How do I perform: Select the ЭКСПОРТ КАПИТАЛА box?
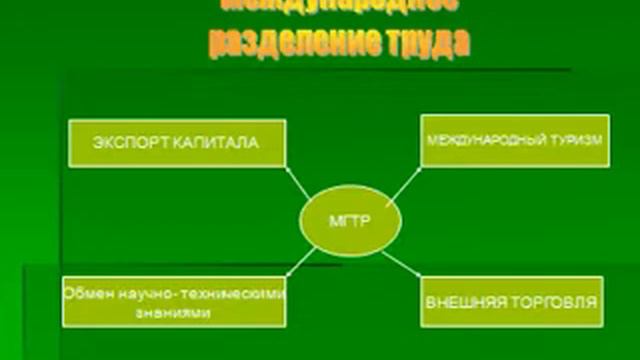(x=177, y=143)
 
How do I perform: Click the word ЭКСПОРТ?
(x=134, y=143)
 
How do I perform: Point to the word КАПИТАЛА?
(x=218, y=143)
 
